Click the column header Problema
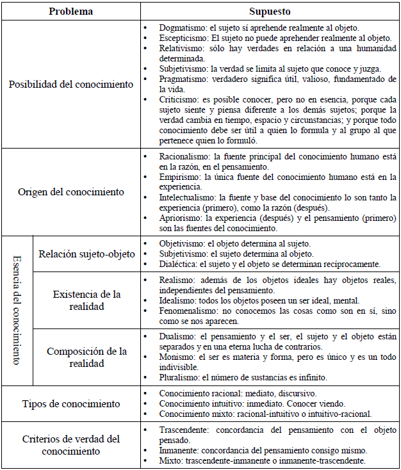coord(71,12)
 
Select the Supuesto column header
coord(270,12)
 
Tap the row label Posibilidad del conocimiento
coord(71,84)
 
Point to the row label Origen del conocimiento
coord(71,191)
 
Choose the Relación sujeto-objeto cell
coord(85,254)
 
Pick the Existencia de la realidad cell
coord(85,300)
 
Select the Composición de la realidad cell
coord(85,357)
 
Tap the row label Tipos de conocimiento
coord(71,404)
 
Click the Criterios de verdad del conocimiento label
coord(71,445)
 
